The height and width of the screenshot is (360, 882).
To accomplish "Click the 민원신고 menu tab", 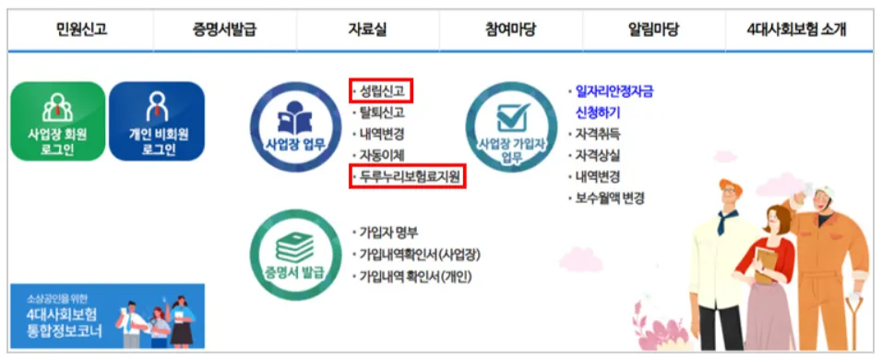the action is click(x=81, y=30).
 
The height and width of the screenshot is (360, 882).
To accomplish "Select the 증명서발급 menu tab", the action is click(x=224, y=30).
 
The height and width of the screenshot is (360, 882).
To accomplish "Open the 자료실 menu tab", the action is click(x=368, y=30).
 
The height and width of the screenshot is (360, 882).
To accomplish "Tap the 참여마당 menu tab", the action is click(x=511, y=30).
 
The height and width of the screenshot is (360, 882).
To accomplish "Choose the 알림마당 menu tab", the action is click(x=653, y=30).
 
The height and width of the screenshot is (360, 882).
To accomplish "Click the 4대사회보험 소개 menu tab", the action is click(x=797, y=30).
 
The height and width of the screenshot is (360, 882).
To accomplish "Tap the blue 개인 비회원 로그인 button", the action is click(x=158, y=121).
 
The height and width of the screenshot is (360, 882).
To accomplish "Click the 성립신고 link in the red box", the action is click(x=381, y=90).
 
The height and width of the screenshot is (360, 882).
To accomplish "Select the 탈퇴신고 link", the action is click(x=381, y=112).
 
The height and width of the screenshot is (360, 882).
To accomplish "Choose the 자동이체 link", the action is click(x=381, y=155).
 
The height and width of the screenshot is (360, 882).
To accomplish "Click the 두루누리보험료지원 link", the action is click(x=409, y=176).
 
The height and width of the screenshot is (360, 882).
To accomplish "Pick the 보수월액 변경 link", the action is click(x=609, y=198).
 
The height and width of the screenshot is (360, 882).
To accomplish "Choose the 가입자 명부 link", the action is click(x=387, y=233).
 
